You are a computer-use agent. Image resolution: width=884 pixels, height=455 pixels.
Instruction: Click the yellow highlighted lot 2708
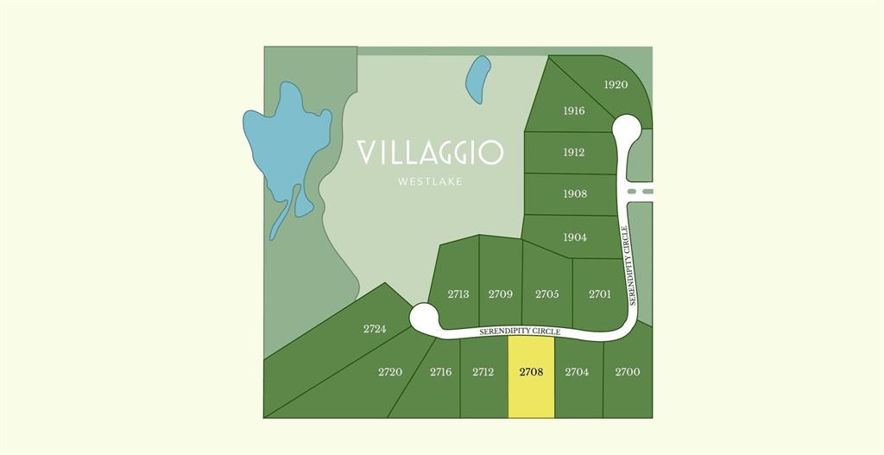pos(531,377)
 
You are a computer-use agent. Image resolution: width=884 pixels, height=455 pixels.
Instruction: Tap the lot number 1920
pos(616,85)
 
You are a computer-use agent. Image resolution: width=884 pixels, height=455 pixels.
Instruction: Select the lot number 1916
pos(574,111)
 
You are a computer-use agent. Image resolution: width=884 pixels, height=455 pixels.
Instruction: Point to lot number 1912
pos(574,152)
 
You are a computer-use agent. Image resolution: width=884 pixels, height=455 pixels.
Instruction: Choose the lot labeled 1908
pos(575,193)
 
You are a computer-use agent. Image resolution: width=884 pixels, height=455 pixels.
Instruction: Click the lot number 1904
pos(575,237)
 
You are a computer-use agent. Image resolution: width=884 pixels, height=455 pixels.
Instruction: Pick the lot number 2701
pos(600,294)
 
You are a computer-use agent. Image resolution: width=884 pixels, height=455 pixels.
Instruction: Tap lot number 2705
pos(546,294)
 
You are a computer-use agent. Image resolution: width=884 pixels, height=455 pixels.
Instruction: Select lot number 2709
pos(501,294)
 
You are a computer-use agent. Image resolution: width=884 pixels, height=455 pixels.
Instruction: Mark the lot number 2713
pos(458,294)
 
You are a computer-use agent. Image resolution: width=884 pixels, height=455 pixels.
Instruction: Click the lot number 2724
pos(375,329)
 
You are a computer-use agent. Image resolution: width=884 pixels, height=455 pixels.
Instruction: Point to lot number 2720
pos(390,372)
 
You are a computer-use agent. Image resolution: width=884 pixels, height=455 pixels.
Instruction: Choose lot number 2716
pos(440,372)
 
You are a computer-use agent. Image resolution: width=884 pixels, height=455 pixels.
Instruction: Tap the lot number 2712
pos(483,372)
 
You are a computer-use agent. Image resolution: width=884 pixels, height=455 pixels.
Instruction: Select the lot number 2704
pos(577,372)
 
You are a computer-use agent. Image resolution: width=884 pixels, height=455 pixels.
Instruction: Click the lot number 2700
pos(628,372)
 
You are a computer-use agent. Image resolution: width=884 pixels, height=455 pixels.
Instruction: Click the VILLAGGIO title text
pos(430,153)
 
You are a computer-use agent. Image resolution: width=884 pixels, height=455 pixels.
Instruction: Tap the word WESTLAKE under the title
pos(430,181)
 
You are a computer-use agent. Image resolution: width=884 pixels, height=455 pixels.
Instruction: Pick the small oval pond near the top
pos(478,79)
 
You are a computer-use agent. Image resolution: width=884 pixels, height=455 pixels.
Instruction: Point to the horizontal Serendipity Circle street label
pos(521,332)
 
